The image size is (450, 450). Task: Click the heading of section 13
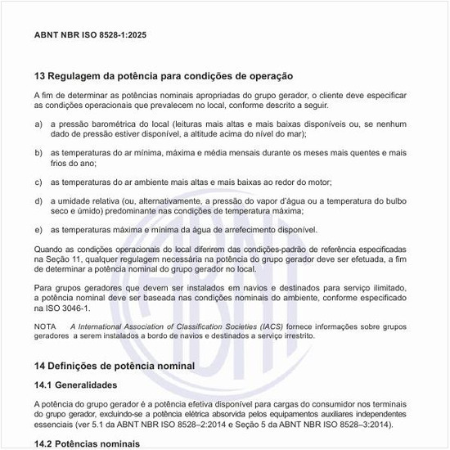coord(163,75)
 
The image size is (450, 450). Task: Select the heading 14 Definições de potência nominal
coord(115,365)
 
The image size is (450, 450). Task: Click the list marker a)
coord(38,123)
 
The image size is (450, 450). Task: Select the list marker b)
coord(38,152)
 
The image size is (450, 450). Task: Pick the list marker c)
coord(38,182)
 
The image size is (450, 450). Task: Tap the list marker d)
coord(38,200)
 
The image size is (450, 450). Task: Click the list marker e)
coord(38,230)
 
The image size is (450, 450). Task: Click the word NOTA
coord(45,326)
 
